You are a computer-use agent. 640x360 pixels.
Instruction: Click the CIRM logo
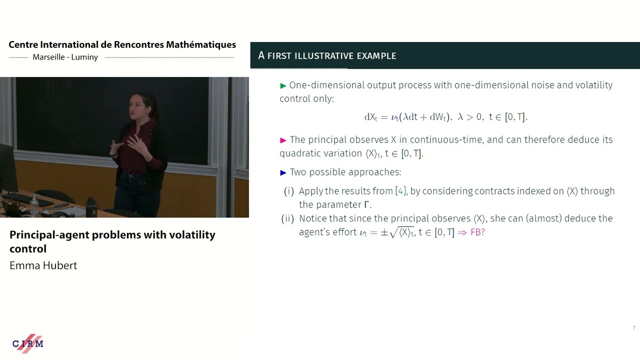28,343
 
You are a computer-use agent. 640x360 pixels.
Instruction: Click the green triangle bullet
283,85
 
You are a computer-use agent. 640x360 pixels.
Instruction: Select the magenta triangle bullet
283,140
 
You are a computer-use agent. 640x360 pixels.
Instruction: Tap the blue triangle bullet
283,172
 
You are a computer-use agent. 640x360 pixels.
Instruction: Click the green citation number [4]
400,191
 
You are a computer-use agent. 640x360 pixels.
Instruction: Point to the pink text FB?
477,232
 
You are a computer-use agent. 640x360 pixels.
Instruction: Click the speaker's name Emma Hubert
43,265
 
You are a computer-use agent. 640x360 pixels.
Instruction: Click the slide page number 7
633,328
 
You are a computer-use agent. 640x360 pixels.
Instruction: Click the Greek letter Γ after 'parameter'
366,204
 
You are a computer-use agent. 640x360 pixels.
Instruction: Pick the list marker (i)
289,191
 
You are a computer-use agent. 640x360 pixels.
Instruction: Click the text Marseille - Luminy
65,57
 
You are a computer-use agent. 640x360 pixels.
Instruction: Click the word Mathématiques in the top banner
201,44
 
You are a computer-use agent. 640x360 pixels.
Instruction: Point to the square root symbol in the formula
393,232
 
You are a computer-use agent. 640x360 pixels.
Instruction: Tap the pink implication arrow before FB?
462,232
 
